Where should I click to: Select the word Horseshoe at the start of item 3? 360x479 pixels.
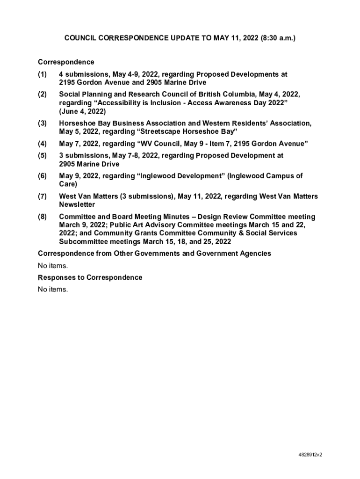pos(76,123)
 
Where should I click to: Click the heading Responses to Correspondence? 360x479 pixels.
pos(90,277)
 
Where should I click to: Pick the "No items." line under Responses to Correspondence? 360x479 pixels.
pos(53,290)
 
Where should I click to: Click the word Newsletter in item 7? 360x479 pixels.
pos(77,205)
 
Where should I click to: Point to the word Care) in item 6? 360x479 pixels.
pos(68,184)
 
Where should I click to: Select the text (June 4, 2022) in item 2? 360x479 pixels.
pos(82,111)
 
